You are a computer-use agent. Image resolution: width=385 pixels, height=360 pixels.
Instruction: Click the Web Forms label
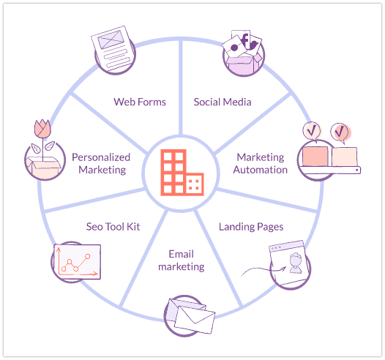tap(139, 102)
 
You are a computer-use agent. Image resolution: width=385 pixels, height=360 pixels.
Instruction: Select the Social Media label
tap(223, 102)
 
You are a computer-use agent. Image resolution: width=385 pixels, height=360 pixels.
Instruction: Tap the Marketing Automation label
tap(261, 163)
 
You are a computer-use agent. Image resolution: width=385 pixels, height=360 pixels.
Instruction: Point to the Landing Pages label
tap(251, 226)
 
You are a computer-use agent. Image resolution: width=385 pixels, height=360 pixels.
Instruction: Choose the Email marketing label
tap(181, 260)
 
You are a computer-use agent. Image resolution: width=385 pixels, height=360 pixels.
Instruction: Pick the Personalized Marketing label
tap(100, 163)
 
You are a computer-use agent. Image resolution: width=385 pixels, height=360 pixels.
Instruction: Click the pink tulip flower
tap(41, 129)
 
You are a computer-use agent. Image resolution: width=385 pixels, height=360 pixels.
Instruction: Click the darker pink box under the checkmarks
tap(315, 157)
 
